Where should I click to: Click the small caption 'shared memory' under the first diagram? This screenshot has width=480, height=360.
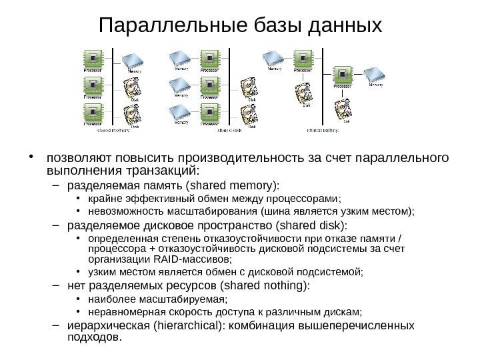click(113, 131)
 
